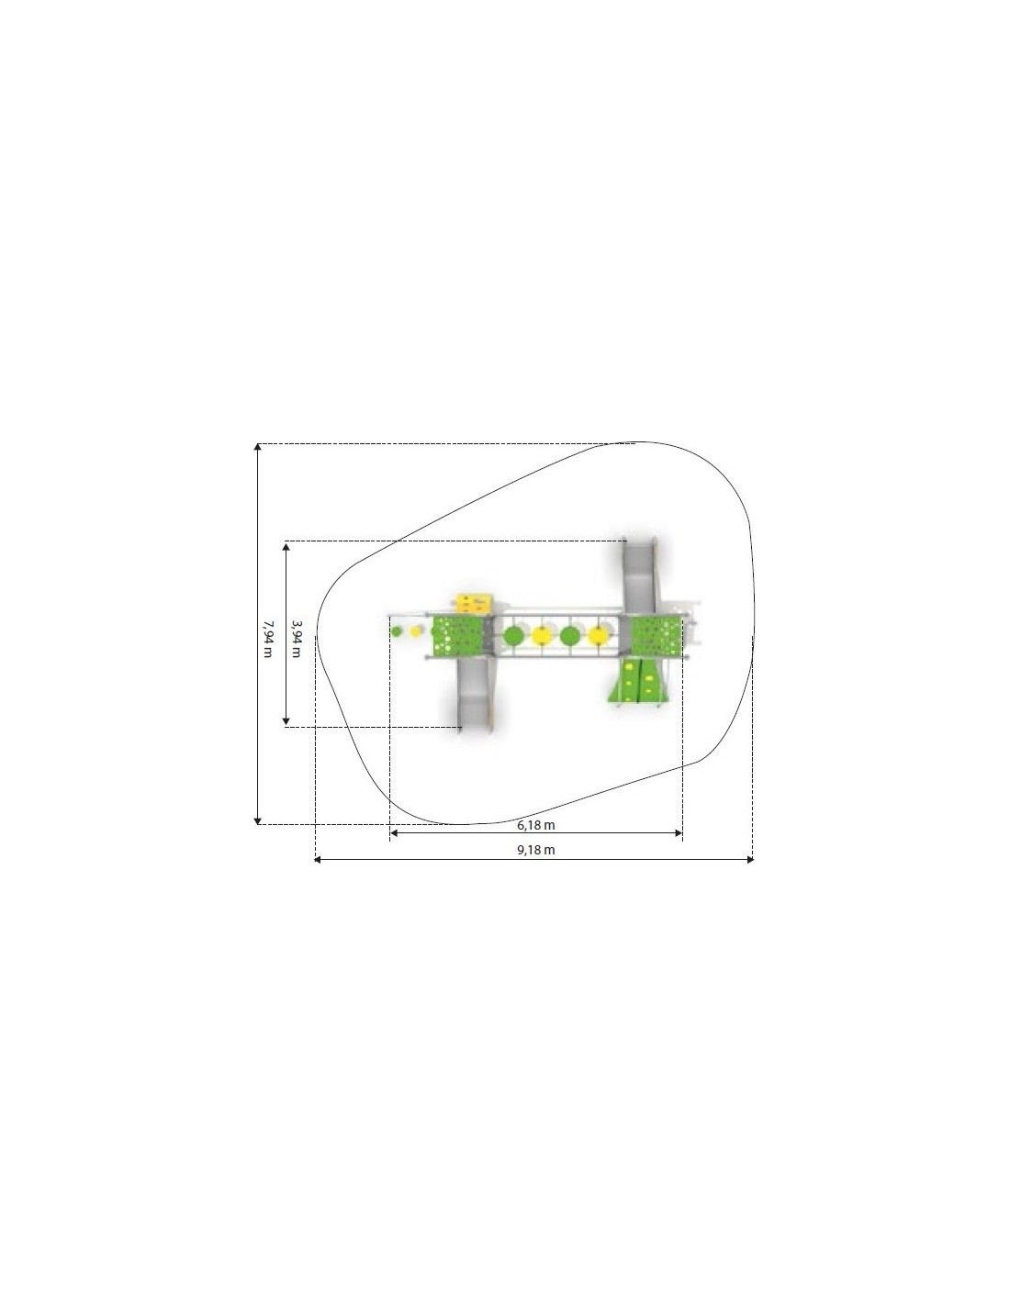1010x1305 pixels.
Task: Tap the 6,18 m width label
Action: click(x=536, y=824)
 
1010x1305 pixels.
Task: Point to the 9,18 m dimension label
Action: click(x=536, y=850)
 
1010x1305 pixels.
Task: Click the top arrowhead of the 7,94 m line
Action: click(x=258, y=447)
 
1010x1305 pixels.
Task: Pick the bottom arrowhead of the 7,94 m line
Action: click(x=258, y=820)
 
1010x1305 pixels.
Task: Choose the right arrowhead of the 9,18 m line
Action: click(x=750, y=859)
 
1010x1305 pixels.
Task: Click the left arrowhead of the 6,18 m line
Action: click(x=394, y=833)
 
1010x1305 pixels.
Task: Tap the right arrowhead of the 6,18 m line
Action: click(x=679, y=833)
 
